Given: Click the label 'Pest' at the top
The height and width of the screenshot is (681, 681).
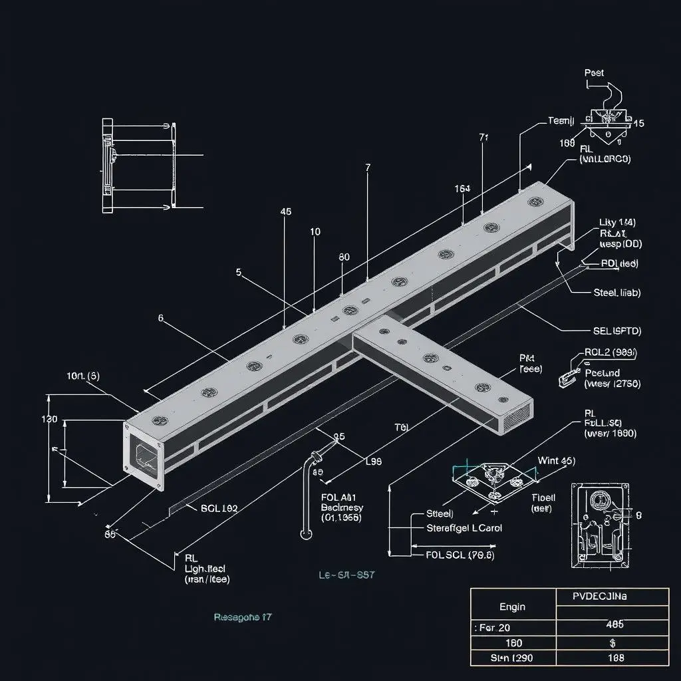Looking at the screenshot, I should point(594,72).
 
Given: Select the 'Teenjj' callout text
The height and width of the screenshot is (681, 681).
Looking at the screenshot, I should point(561,120).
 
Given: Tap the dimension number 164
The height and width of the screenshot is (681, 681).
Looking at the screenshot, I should point(462,188).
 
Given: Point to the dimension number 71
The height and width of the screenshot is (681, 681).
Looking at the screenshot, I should point(483,138).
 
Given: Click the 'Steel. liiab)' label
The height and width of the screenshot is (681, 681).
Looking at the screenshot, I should point(616,292).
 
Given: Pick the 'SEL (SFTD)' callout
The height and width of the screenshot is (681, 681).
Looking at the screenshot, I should point(616,330).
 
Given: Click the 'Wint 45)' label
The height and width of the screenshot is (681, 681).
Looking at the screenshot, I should point(556,460).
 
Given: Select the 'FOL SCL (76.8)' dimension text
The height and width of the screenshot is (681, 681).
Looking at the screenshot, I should point(459,555).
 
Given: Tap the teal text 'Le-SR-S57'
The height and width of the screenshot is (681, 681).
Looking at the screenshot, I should point(346,575).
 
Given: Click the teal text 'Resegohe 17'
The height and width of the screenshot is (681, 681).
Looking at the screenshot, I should point(242,617).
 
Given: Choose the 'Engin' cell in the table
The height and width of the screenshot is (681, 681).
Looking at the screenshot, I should point(512,607).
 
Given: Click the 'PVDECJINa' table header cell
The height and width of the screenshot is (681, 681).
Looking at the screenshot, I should point(600,597).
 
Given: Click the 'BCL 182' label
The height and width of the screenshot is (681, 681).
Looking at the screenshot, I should point(219,508).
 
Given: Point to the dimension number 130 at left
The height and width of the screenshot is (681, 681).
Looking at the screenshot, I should point(49,420).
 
